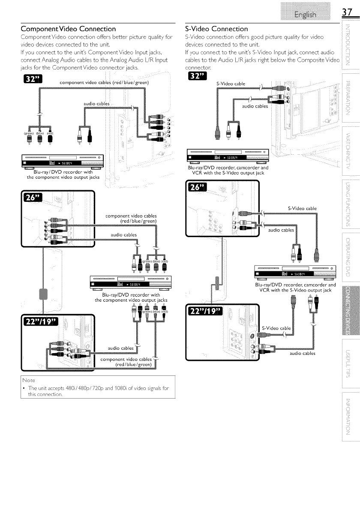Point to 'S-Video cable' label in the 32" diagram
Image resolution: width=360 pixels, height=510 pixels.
[231, 84]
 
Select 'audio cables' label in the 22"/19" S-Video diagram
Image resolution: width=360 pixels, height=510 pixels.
[303, 353]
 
